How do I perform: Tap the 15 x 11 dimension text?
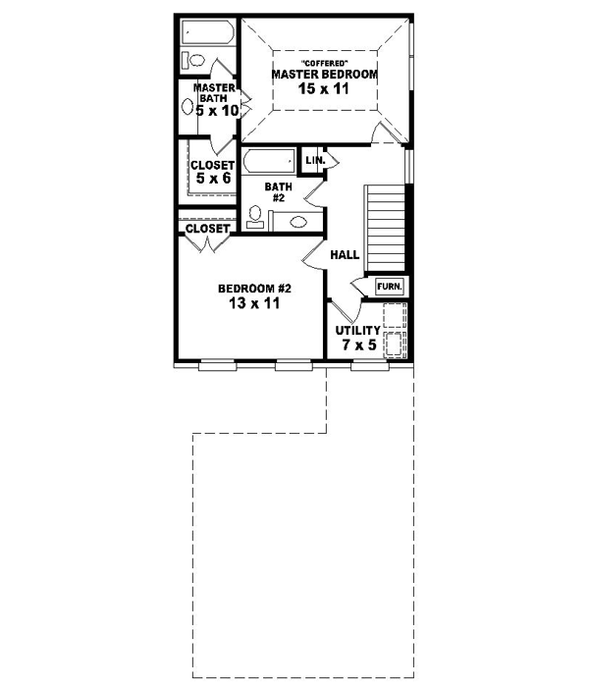325,88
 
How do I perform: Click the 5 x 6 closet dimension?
211,179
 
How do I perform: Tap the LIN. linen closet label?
315,160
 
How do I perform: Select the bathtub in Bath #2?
270,160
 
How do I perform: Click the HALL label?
345,254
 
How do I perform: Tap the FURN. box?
390,286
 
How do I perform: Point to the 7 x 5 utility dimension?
354,345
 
